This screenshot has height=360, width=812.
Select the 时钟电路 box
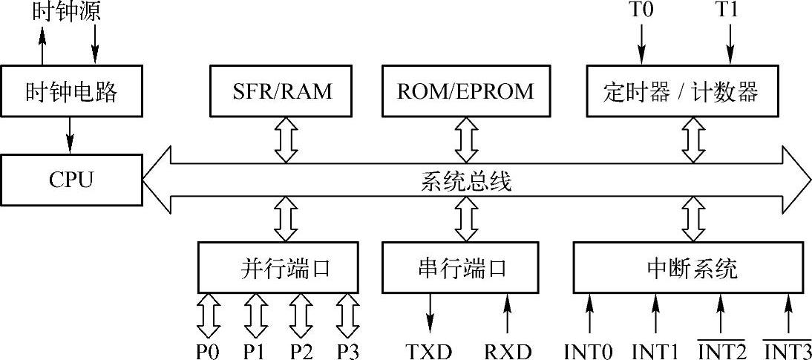(x=71, y=92)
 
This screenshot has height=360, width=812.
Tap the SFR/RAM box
(x=281, y=91)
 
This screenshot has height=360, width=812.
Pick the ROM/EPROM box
(x=466, y=91)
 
